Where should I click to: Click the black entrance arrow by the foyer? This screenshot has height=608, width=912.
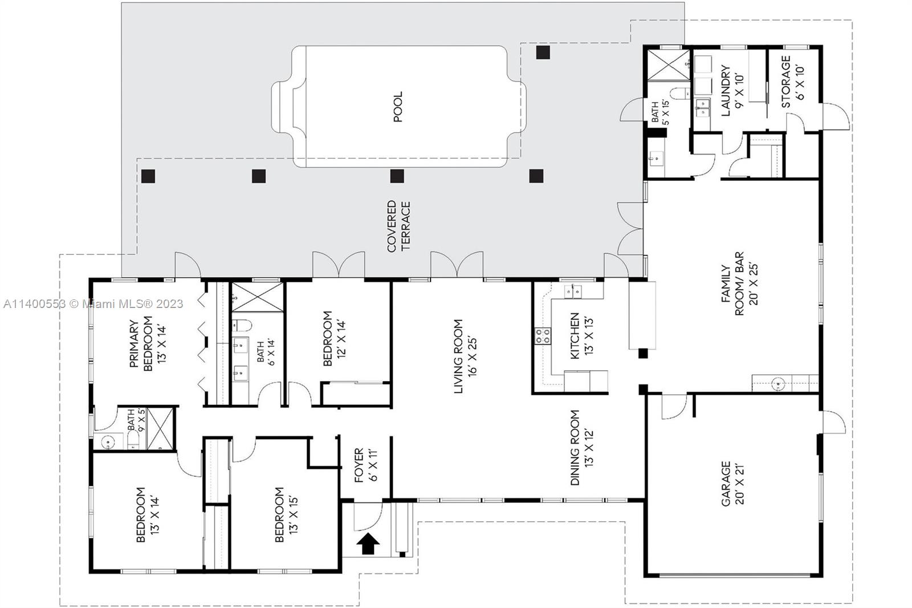click(x=368, y=544)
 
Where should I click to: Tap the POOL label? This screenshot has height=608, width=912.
click(x=398, y=106)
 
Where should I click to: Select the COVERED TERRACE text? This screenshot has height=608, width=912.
click(x=398, y=226)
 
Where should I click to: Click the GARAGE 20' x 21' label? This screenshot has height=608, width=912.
click(x=732, y=484)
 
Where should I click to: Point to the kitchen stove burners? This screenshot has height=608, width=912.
click(x=543, y=337)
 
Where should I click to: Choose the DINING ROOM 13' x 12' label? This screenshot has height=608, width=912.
click(x=581, y=447)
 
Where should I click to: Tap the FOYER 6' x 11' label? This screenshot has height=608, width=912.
click(x=365, y=465)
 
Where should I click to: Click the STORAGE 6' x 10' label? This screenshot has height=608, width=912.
click(x=792, y=82)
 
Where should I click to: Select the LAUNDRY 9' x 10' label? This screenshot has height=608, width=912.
click(x=732, y=91)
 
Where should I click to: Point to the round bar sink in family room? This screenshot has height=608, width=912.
click(x=778, y=383)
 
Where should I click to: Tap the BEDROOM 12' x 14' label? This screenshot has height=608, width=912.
click(x=334, y=339)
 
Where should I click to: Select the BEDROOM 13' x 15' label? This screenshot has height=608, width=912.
click(x=286, y=514)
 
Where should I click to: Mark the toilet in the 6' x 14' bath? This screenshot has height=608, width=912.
click(x=242, y=326)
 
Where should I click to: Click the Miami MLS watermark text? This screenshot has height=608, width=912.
click(x=93, y=304)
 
